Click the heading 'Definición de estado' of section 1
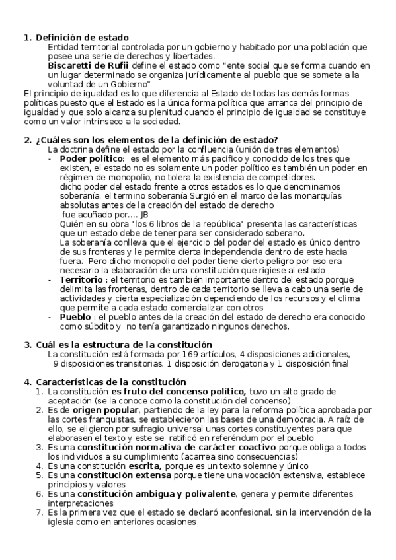82,38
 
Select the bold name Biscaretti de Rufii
89,66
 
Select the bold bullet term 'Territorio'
83,279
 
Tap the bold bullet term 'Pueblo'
76,317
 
